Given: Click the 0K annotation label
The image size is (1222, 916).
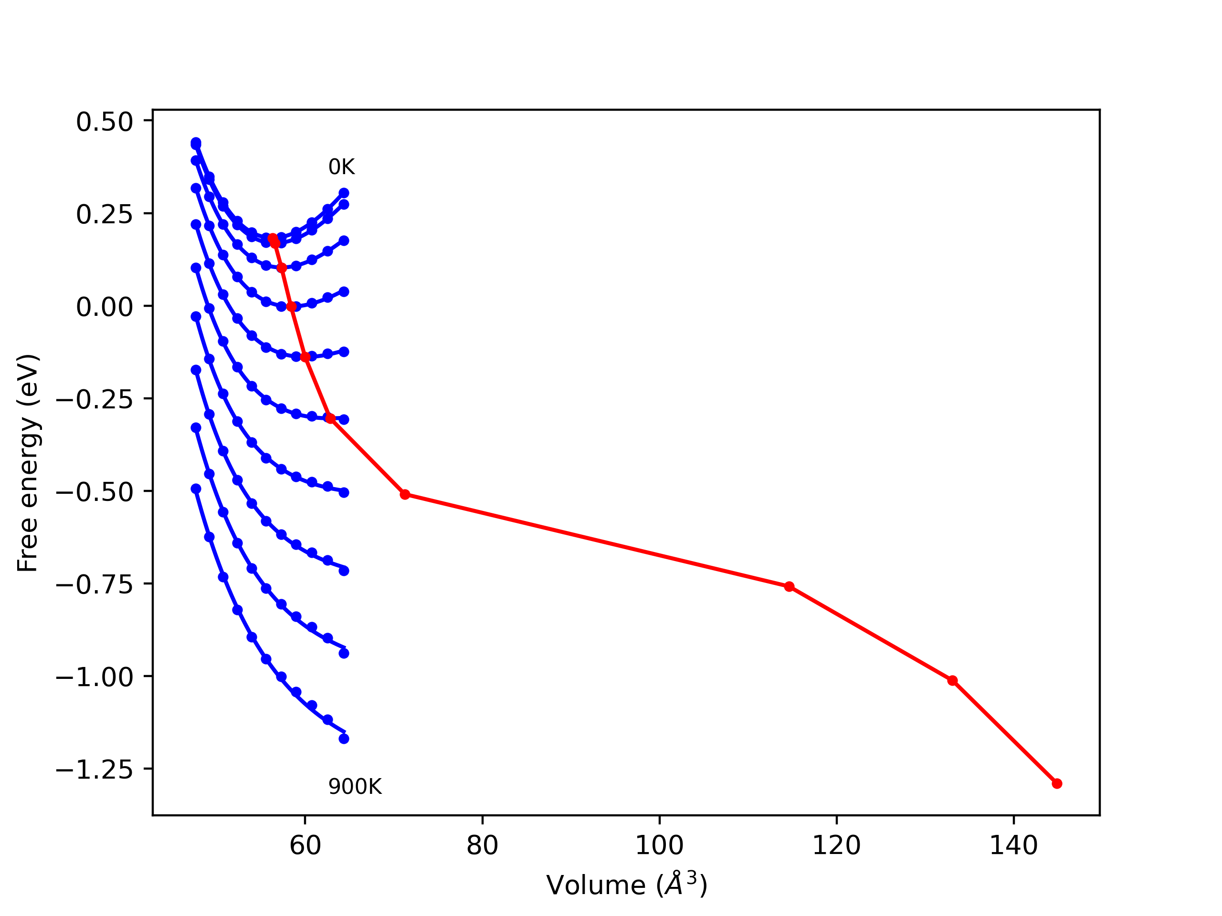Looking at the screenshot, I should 341,167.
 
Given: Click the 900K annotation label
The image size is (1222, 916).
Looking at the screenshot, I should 355,787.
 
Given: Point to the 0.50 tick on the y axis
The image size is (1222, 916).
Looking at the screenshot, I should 105,122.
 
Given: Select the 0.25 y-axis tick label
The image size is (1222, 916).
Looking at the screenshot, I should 105,214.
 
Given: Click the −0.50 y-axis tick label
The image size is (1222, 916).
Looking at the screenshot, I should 95,492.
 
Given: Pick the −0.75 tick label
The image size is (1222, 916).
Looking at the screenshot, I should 95,585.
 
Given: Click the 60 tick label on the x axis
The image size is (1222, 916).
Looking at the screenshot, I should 305,845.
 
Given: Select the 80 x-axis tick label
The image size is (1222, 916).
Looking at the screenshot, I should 482,845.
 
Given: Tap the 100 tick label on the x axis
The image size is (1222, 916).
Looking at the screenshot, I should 659,845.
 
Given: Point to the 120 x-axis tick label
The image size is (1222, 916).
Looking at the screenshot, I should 836,845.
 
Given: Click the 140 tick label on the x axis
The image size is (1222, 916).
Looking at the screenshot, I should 1013,845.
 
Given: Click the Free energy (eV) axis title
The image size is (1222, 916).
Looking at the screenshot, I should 28,463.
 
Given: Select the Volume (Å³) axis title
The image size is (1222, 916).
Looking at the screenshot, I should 626,885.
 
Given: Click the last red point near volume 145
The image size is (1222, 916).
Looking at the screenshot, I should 1057,783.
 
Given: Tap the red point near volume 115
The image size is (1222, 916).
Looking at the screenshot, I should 790,586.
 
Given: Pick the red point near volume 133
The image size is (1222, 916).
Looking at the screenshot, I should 952,681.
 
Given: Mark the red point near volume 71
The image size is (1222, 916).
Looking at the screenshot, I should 405,494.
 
